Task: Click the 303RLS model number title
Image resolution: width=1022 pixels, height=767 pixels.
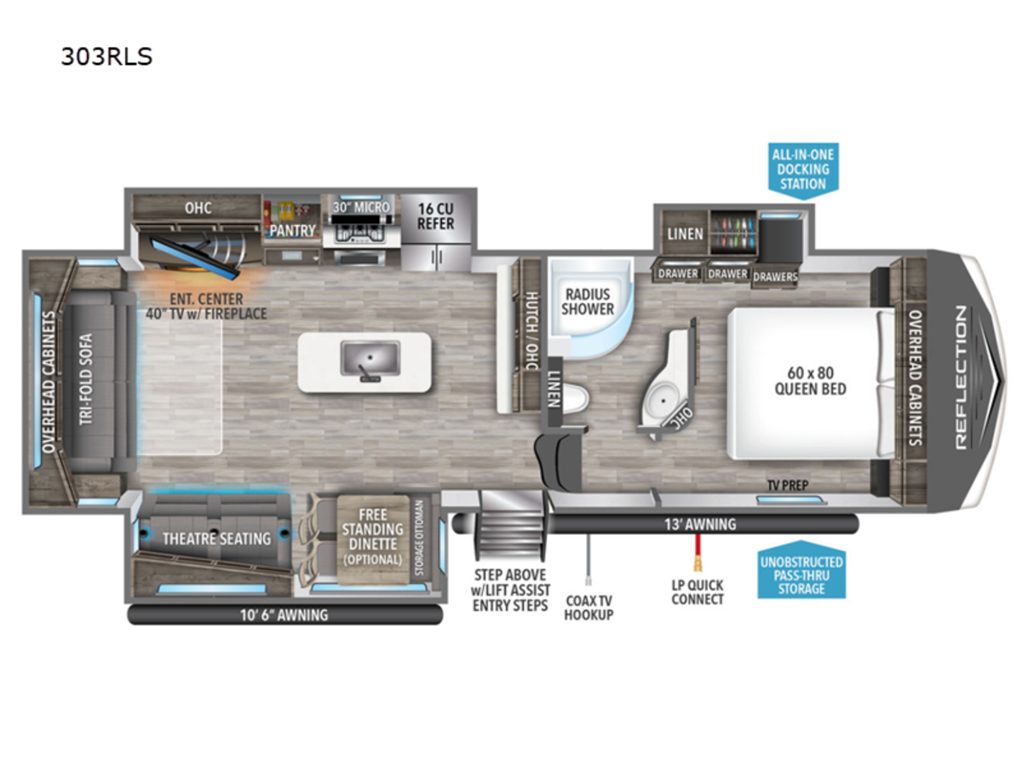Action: click(106, 57)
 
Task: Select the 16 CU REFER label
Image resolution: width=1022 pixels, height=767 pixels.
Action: click(435, 216)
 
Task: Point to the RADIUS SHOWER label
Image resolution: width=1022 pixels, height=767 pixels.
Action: click(587, 302)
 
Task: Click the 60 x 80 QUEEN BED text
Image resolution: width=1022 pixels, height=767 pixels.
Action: click(810, 381)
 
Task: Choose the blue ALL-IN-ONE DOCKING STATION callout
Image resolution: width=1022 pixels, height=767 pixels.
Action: click(803, 170)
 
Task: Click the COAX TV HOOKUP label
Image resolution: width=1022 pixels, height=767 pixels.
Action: click(589, 608)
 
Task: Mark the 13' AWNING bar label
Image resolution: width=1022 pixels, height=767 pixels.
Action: click(700, 524)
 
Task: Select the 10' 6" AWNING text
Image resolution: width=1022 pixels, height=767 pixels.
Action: click(284, 615)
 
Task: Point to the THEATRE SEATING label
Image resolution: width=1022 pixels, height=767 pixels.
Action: click(216, 539)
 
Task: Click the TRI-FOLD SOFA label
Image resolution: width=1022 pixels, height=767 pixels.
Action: click(86, 379)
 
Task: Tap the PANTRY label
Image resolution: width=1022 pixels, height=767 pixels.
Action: click(292, 230)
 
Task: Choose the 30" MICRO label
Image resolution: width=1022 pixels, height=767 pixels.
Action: click(361, 207)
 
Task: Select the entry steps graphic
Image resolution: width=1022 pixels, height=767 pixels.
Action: click(511, 526)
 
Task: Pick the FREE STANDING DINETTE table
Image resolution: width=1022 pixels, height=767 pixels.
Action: click(373, 539)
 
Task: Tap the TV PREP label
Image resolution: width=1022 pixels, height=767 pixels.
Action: click(788, 485)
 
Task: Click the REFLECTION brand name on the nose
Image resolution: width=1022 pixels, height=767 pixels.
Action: click(961, 378)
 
